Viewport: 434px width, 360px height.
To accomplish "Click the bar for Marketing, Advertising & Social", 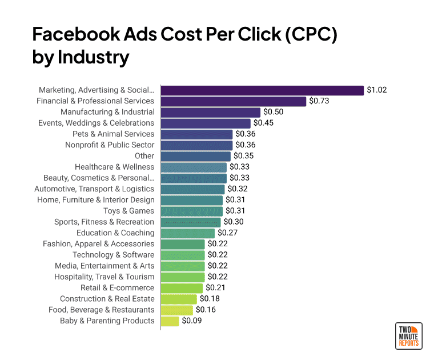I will pyautogui.click(x=262, y=90).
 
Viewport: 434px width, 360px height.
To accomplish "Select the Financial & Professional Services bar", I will pyautogui.click(x=234, y=101).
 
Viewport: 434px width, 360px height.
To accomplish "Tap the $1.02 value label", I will pyautogui.click(x=377, y=90).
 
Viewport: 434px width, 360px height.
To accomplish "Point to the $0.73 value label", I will pyautogui.click(x=320, y=101).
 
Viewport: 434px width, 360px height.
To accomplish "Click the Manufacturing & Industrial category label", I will pyautogui.click(x=107, y=112).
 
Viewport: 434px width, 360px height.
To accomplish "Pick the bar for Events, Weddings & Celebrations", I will pyautogui.click(x=206, y=123).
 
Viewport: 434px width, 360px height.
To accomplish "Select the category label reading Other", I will pyautogui.click(x=144, y=156).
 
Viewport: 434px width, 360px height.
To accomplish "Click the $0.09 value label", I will pyautogui.click(x=192, y=321).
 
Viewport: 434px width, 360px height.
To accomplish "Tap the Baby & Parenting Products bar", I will pyautogui.click(x=170, y=321).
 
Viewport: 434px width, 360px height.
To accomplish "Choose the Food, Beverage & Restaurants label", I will pyautogui.click(x=102, y=310).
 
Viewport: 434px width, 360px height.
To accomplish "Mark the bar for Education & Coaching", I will pyautogui.click(x=188, y=233).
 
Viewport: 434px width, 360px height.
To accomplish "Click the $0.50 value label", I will pyautogui.click(x=274, y=112).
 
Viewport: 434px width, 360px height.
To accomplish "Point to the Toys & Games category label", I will pyautogui.click(x=128, y=211).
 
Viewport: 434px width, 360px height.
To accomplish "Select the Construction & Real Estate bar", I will pyautogui.click(x=179, y=299).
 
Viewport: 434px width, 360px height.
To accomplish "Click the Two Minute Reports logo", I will pyautogui.click(x=408, y=336).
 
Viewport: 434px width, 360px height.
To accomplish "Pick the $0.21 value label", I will pyautogui.click(x=216, y=288).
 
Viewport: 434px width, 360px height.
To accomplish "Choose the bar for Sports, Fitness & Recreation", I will pyautogui.click(x=191, y=222).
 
